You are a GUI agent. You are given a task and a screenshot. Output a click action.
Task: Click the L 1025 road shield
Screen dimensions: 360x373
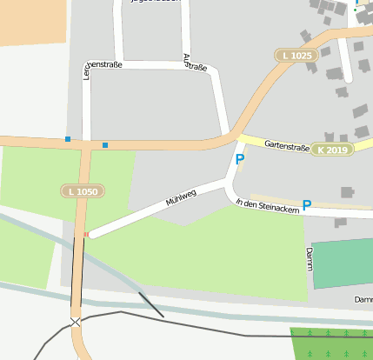(x=296, y=56)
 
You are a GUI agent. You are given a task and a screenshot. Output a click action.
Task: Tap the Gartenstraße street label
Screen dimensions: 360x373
(x=287, y=143)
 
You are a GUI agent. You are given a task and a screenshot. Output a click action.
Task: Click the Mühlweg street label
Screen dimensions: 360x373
(x=182, y=196)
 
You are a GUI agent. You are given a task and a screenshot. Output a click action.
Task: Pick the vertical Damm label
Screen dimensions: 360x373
(x=309, y=258)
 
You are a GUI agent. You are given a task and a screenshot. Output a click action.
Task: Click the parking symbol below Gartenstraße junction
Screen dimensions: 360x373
(x=240, y=160)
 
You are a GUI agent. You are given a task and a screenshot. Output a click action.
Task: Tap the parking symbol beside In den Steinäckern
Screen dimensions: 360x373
(x=306, y=206)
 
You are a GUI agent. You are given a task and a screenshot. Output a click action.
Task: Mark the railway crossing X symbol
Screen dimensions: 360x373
(x=76, y=322)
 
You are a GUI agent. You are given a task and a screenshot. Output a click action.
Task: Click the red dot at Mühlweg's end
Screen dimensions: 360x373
(x=86, y=235)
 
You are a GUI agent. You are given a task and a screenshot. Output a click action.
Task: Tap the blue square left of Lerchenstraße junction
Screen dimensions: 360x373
(x=68, y=139)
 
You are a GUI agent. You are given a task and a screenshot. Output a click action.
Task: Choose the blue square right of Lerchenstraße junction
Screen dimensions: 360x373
(x=105, y=144)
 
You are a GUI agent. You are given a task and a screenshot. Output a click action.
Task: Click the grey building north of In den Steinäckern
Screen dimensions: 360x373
(x=348, y=191)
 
